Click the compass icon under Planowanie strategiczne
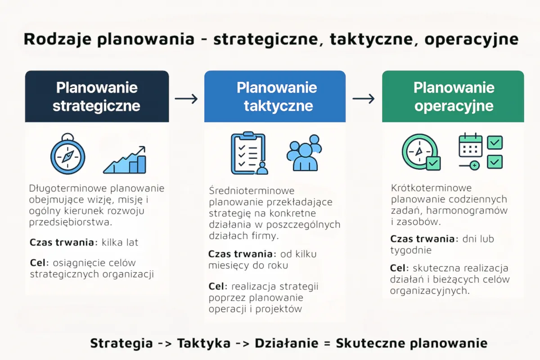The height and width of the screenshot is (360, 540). coord(67,155)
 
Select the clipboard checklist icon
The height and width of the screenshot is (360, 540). coord(247,153)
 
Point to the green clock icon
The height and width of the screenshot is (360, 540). coord(420,152)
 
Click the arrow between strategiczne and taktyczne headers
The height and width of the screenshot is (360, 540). coord(186,99)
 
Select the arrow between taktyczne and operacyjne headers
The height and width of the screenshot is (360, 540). coord(364,99)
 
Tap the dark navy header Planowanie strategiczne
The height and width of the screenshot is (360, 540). coord(97,96)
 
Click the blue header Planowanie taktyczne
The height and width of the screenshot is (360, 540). coord(275,96)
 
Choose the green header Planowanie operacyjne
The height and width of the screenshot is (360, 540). coord(453,96)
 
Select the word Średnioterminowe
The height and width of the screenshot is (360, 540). coord(252,191)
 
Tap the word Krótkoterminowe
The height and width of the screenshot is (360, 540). coord(431,188)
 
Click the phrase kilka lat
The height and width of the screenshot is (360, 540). coord(120,243)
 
